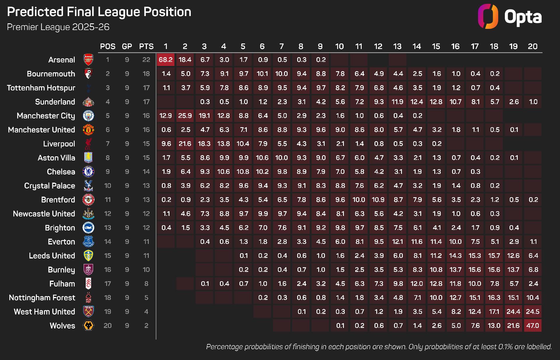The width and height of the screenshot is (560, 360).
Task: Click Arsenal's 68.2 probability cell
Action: [166, 60]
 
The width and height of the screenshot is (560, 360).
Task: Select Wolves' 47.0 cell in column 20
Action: [533, 326]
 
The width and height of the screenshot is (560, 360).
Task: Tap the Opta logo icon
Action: [488, 16]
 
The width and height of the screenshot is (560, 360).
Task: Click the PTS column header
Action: [146, 46]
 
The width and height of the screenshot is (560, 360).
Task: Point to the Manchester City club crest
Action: [88, 116]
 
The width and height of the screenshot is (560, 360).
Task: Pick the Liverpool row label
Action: [59, 144]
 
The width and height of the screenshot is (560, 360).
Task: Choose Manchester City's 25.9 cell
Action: [185, 116]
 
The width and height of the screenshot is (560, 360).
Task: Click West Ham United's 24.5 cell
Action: [533, 312]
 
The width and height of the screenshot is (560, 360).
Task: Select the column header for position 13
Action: [397, 46]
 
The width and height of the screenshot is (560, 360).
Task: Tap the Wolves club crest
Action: [88, 326]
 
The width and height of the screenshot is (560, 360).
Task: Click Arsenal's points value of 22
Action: [146, 60]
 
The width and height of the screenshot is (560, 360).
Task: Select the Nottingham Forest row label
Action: [42, 298]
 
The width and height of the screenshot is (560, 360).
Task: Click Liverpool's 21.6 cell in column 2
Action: [185, 144]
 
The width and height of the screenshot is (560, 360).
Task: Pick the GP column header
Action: [127, 46]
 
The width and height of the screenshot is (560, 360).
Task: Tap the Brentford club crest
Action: [88, 200]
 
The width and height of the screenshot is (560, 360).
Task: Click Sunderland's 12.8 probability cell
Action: [436, 102]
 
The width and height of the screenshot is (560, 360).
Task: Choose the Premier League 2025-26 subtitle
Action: [58, 27]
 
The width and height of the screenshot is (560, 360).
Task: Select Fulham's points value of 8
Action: [146, 284]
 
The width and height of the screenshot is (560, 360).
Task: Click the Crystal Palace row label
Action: [50, 186]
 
